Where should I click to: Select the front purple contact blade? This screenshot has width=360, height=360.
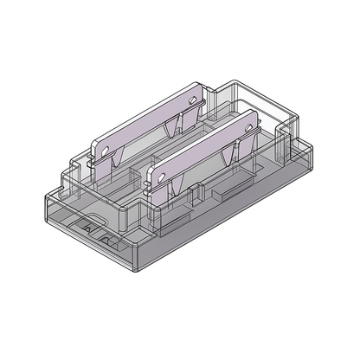click(203, 151)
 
